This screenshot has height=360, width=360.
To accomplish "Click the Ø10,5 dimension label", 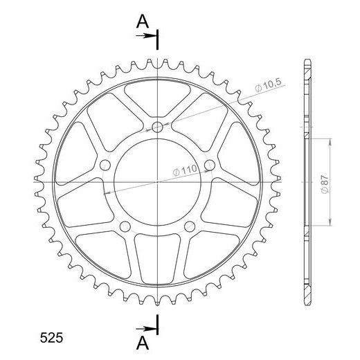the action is pyautogui.click(x=269, y=85).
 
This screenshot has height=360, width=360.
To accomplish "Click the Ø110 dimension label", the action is pyautogui.click(x=185, y=170).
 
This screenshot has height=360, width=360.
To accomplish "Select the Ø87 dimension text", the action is pyautogui.click(x=325, y=185).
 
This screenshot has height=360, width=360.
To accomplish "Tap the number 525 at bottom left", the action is pyautogui.click(x=51, y=338).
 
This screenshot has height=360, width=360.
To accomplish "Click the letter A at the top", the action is pyautogui.click(x=143, y=21).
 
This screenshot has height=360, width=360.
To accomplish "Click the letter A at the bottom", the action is pyautogui.click(x=143, y=343).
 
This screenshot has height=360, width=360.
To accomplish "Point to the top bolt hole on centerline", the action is pyautogui.click(x=157, y=127).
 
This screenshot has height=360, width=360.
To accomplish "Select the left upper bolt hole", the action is pyautogui.click(x=105, y=165).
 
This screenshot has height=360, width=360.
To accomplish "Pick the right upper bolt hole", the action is pyautogui.click(x=210, y=165).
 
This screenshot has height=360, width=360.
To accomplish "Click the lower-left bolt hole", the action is pyautogui.click(x=125, y=226).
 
